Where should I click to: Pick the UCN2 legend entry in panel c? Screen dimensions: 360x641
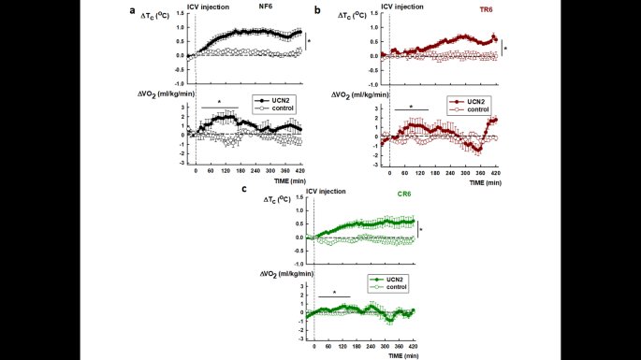(x=395, y=279)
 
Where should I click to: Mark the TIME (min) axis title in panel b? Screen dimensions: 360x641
(x=487, y=184)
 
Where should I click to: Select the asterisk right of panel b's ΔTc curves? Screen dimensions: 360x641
(x=506, y=47)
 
